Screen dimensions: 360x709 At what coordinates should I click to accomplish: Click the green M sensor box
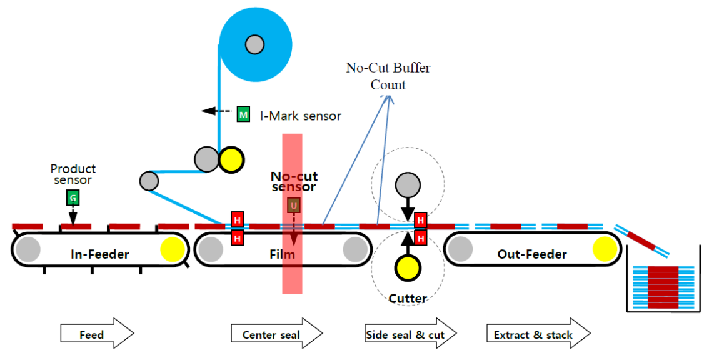(x=243, y=114)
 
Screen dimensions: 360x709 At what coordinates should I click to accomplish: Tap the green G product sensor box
(x=73, y=198)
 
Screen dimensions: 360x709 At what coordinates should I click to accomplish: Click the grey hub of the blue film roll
(x=254, y=44)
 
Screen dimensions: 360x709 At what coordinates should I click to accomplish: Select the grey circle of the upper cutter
(x=408, y=184)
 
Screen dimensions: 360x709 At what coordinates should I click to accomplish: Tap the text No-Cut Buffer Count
(x=388, y=76)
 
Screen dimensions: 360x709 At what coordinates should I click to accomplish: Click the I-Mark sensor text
(x=301, y=116)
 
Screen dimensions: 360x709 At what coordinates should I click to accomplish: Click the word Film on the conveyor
(x=282, y=254)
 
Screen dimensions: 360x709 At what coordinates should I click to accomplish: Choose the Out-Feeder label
(x=531, y=254)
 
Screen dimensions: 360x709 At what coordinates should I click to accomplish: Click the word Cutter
(x=408, y=299)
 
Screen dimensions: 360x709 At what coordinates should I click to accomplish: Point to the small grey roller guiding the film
(x=148, y=181)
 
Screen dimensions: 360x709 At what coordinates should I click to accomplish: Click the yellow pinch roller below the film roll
(x=231, y=159)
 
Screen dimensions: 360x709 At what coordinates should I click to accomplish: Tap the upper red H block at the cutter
(x=421, y=220)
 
